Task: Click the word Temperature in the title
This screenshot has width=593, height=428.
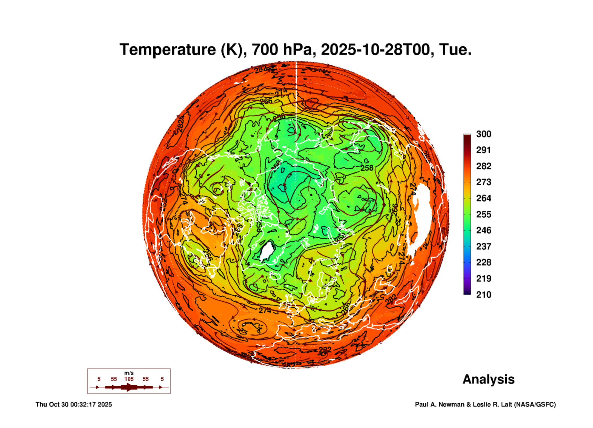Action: (168, 50)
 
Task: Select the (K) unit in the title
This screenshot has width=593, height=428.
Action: (233, 50)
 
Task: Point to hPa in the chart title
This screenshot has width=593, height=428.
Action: (297, 50)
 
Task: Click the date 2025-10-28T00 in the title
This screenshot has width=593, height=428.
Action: (375, 50)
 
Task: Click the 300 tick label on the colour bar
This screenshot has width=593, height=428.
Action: (483, 134)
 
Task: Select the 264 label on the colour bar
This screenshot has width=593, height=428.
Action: (483, 198)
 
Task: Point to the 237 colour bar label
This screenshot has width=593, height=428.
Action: (483, 246)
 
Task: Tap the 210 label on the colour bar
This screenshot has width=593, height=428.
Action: (483, 295)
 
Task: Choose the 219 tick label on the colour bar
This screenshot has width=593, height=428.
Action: (483, 279)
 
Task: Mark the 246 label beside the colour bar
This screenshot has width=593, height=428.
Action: (483, 230)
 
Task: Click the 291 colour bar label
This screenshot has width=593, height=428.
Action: (483, 150)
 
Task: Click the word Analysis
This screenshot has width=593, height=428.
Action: (488, 379)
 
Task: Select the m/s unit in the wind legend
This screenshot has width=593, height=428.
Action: (129, 373)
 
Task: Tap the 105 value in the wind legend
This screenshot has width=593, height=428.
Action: (129, 379)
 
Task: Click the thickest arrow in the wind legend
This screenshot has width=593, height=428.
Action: (129, 387)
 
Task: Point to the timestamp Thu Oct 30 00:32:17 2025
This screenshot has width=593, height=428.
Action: (74, 404)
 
